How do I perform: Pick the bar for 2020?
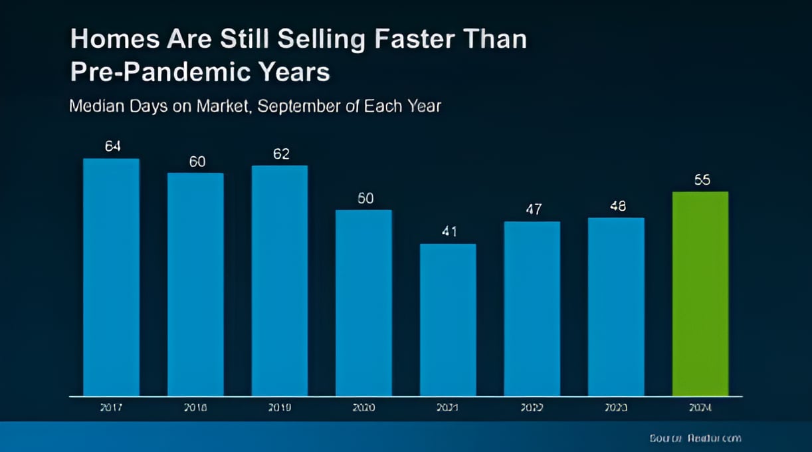click(363, 303)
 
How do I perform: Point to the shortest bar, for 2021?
click(448, 320)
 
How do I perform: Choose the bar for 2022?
click(532, 308)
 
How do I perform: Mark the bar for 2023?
click(616, 306)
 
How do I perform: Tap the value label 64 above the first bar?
click(112, 146)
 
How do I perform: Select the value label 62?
click(281, 154)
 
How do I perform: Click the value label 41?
click(449, 232)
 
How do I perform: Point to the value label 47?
click(533, 209)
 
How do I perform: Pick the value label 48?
click(617, 206)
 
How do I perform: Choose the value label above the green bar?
click(702, 180)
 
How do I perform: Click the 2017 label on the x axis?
click(111, 408)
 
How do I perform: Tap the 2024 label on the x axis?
click(700, 408)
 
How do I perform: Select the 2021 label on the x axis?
click(448, 408)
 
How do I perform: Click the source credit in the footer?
click(695, 438)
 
